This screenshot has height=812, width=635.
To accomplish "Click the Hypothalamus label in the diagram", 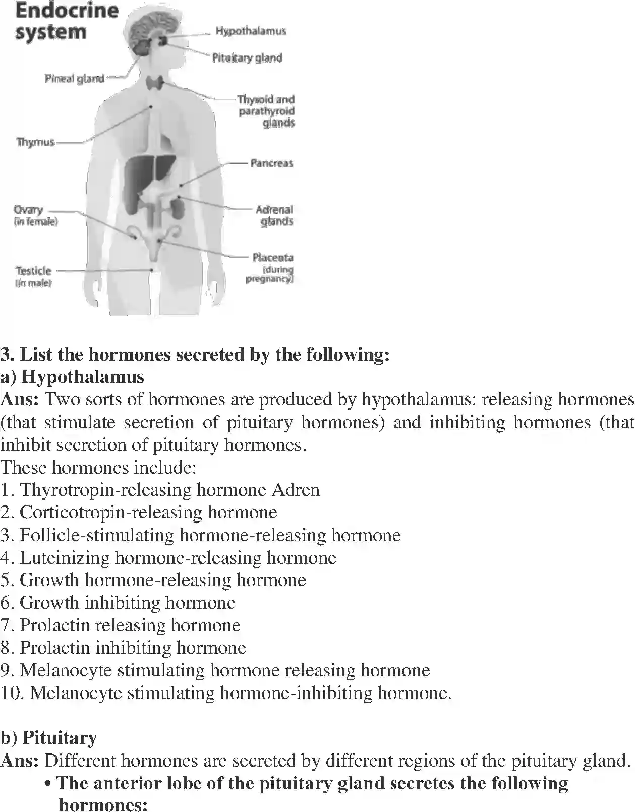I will point(251,31).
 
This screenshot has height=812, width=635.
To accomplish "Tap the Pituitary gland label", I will point(247,58).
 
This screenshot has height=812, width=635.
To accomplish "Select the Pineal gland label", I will point(74,79).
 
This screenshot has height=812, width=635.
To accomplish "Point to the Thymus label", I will point(35,142).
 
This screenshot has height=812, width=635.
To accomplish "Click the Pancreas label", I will point(271,163).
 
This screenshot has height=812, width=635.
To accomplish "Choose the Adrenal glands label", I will point(275,215).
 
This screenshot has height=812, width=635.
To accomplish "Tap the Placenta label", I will point(272,258).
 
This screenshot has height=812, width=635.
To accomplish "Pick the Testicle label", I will point(33,271).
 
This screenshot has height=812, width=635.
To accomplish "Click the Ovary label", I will point(28,210).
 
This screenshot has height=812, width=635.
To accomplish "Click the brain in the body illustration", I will point(151,28).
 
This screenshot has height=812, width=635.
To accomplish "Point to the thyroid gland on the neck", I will point(155,83).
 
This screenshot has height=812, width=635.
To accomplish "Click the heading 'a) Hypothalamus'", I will point(72,377).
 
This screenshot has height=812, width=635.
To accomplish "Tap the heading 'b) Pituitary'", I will point(49,738).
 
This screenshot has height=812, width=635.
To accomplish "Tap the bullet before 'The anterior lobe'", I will point(48,784).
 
